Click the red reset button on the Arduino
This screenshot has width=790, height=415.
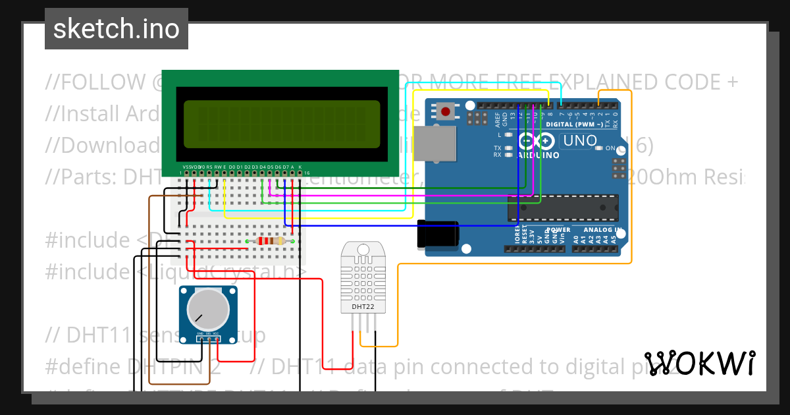(446, 111)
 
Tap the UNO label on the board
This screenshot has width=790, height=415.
(579, 141)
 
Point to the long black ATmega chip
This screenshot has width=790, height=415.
(563, 207)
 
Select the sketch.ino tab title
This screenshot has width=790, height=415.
(116, 29)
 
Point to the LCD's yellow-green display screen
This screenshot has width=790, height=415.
(282, 124)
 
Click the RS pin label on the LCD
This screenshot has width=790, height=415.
(209, 167)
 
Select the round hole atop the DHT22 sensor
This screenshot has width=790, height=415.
(363, 250)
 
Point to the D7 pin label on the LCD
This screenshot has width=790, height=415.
(285, 167)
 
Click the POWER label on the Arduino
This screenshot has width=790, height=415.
(558, 230)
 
